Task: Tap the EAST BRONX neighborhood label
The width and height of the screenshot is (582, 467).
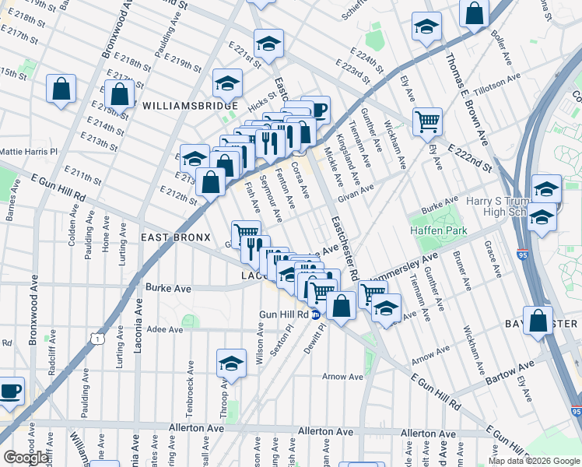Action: click(175, 237)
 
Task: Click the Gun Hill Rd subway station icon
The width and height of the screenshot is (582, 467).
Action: click(316, 314)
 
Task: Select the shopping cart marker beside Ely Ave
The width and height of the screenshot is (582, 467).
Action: click(427, 121)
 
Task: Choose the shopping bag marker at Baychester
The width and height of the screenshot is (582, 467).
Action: click(538, 321)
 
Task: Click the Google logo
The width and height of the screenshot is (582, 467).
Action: click(25, 458)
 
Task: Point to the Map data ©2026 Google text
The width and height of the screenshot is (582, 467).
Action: click(534, 461)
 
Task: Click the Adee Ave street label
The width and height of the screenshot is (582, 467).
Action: click(164, 329)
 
